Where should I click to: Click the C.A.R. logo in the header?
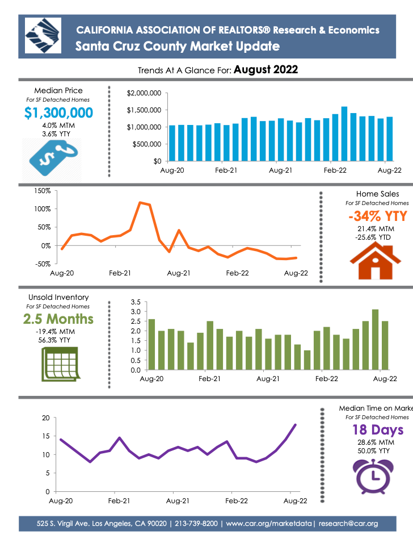coord(43,35)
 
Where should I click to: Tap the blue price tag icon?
coord(49,157)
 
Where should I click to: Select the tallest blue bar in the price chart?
coord(344,134)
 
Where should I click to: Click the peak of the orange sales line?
coord(140,202)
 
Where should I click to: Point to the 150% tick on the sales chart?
coord(43,191)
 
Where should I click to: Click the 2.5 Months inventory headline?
coord(58,319)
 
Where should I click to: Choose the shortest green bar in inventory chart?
coord(307,360)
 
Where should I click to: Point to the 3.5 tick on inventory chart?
coord(135,302)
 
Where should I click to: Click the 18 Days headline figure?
coord(377,430)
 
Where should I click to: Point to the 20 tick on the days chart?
coord(46,418)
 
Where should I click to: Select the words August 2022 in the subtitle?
coord(265,70)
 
